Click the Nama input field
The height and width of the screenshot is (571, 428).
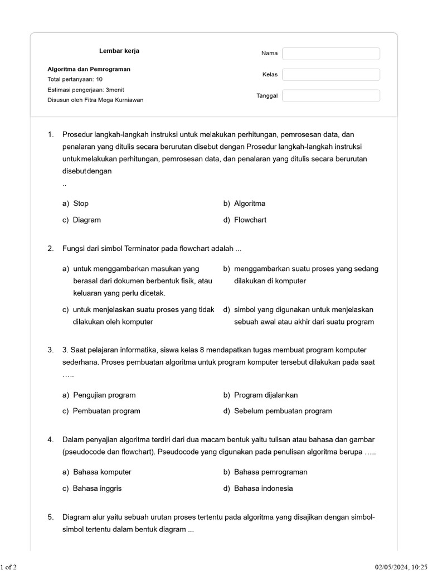tap(331, 54)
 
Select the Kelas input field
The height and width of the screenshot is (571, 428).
tap(331, 75)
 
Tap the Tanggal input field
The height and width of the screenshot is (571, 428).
tap(331, 96)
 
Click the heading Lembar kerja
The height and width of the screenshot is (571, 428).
tap(119, 51)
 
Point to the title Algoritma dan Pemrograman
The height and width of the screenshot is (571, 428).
tap(89, 69)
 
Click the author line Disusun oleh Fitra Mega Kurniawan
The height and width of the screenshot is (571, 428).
tap(95, 100)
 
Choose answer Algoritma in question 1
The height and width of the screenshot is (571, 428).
tap(249, 204)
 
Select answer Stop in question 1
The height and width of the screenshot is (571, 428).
tap(81, 204)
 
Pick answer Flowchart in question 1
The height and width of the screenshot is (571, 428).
tap(250, 220)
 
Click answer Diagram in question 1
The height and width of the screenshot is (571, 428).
tap(86, 220)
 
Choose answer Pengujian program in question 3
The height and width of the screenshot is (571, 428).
tap(104, 395)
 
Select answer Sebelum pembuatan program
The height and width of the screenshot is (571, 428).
tap(283, 411)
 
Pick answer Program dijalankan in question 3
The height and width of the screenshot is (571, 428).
tap(265, 395)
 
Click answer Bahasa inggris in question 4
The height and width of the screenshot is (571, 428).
tap(97, 488)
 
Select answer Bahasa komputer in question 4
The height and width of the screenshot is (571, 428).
tap(102, 472)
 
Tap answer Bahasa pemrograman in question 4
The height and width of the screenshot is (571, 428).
tap(270, 472)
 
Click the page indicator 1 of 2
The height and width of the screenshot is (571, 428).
tap(8, 567)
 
